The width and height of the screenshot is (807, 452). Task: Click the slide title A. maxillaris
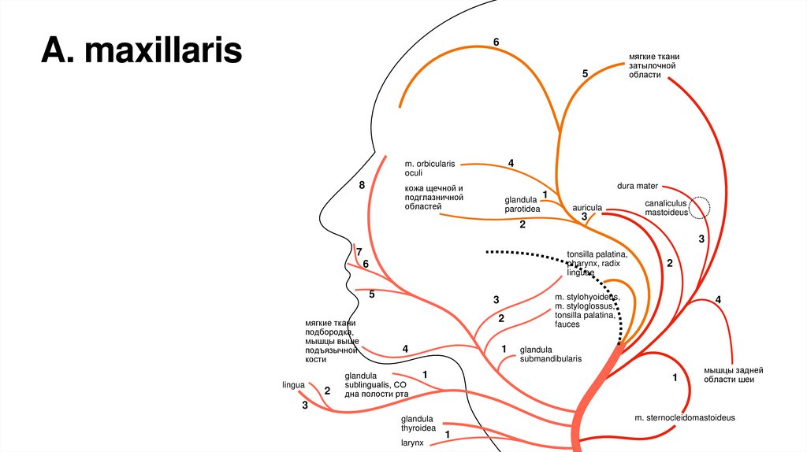tap(143, 51)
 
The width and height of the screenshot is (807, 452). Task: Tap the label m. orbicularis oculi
tap(430, 168)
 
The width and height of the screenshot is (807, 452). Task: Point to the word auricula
tap(587, 208)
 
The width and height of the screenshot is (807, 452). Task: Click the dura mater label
tap(638, 186)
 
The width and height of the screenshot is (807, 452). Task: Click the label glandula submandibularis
tap(550, 354)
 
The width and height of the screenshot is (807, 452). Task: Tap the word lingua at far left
tap(293, 385)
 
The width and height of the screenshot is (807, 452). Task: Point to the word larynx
tap(412, 443)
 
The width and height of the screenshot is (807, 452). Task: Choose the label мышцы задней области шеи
tap(734, 375)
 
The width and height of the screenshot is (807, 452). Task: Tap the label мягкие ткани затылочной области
tap(654, 70)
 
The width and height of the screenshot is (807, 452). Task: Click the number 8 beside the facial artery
tap(362, 185)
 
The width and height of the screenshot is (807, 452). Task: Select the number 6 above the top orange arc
tap(496, 41)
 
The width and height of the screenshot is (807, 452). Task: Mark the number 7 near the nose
tap(359, 252)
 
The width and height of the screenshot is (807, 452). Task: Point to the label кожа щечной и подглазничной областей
tap(433, 197)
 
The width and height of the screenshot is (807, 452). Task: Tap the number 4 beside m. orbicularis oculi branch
tap(511, 163)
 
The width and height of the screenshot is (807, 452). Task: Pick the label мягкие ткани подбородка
tap(331, 341)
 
